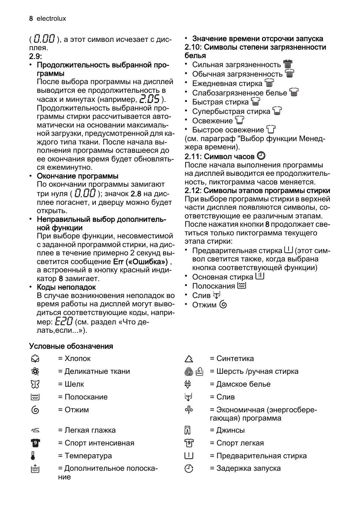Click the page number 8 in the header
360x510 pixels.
(31, 18)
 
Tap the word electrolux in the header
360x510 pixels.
(51, 18)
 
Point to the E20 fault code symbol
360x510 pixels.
(64, 321)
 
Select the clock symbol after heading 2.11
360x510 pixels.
(261, 156)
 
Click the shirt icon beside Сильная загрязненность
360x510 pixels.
(288, 65)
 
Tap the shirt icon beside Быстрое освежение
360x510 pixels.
(271, 130)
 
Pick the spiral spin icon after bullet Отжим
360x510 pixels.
(223, 305)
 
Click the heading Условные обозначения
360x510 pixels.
(71, 346)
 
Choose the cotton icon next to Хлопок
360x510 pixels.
(35, 359)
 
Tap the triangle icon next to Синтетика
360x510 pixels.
(189, 359)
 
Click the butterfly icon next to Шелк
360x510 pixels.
(35, 384)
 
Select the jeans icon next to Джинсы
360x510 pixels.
(188, 430)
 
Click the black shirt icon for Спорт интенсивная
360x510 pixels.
(35, 443)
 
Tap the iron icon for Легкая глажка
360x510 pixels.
(35, 430)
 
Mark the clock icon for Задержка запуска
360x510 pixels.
(189, 469)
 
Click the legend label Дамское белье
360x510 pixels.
(243, 384)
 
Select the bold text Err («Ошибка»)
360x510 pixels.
(140, 261)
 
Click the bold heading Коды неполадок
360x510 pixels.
(66, 287)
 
